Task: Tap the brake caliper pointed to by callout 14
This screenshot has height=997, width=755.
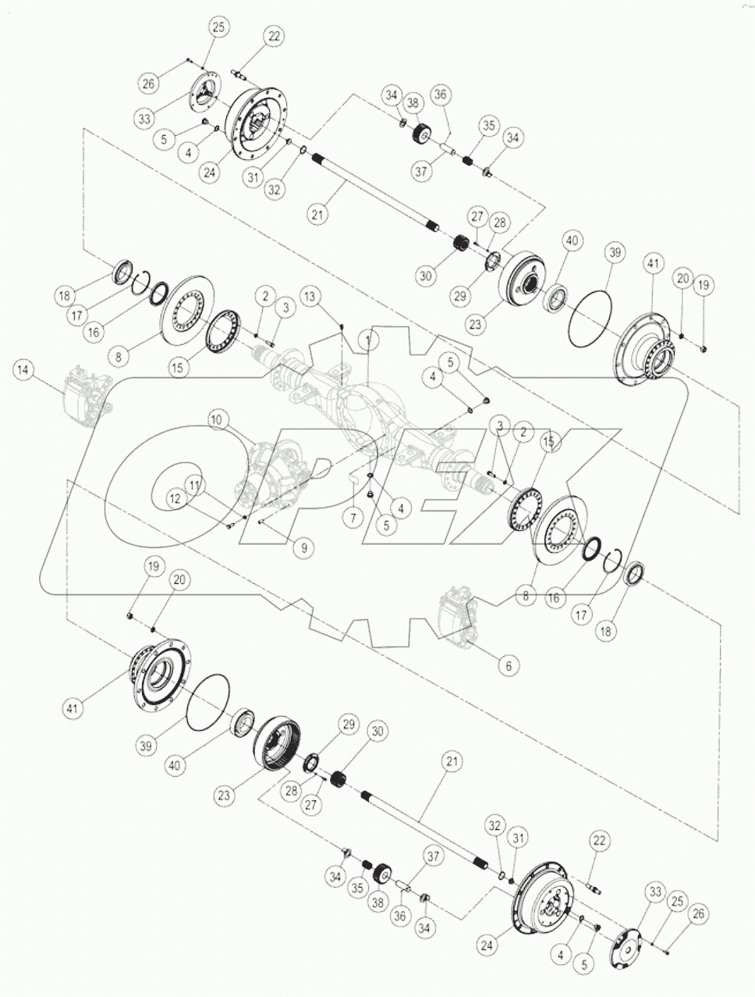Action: (84, 393)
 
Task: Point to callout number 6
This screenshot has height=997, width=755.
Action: (508, 666)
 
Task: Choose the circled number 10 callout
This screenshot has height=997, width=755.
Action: (216, 421)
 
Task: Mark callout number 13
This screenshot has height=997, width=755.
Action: (310, 296)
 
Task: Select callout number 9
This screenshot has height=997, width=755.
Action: (304, 549)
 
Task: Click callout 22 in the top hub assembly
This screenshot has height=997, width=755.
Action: (274, 36)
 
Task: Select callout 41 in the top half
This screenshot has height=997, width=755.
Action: (653, 265)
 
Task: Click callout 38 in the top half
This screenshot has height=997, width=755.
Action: (413, 102)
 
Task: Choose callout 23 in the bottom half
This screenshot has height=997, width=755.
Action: (224, 796)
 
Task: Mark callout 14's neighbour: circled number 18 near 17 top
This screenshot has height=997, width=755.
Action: (64, 296)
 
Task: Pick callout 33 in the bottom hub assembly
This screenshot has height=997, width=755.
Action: (653, 892)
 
